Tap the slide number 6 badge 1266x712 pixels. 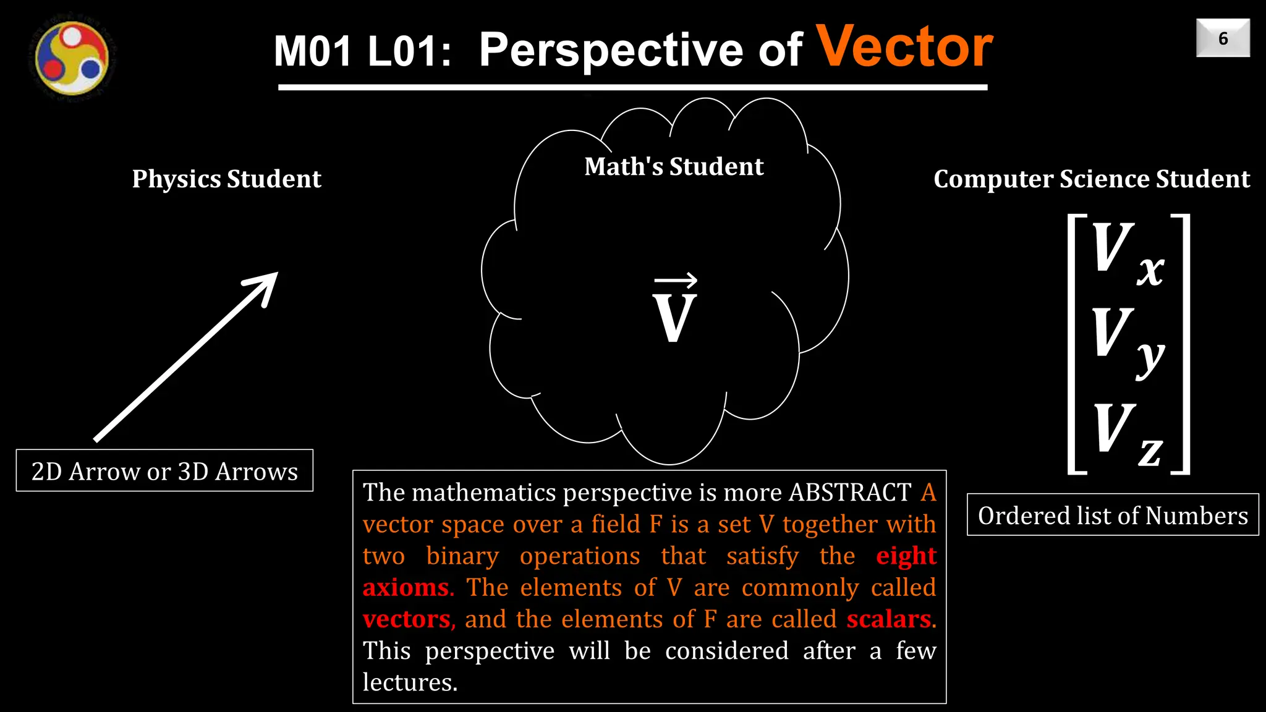pos(1223,38)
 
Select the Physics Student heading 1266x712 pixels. pos(226,179)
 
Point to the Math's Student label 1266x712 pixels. pos(674,167)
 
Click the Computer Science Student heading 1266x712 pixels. pos(1092,179)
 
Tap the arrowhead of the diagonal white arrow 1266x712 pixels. pos(265,286)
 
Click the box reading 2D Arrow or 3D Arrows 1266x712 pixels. pos(164,471)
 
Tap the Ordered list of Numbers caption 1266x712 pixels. pos(1113,515)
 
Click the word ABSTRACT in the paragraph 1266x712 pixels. pos(850,493)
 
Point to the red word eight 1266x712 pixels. pos(906,556)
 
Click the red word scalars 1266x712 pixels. pos(889,619)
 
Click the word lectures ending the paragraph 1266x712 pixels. pos(409,682)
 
